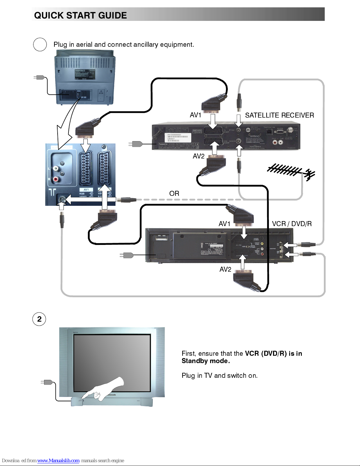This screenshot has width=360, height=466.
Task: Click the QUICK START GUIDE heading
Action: point(81,15)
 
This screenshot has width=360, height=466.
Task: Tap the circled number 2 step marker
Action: point(39,319)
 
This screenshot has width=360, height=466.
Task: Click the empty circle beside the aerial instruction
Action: point(40,45)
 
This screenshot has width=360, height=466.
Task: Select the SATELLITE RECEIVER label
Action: point(279,115)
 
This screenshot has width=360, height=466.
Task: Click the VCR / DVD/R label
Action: point(292,224)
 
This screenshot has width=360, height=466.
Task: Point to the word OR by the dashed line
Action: point(174,193)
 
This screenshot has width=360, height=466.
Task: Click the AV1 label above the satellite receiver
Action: point(195,115)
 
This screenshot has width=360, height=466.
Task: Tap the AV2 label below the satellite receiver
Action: point(198,156)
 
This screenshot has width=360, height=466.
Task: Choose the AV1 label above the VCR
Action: point(224,224)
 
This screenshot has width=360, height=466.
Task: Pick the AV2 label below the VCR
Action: point(225,269)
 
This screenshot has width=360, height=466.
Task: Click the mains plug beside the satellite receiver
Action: point(136,144)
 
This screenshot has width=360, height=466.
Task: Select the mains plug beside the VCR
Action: point(127,255)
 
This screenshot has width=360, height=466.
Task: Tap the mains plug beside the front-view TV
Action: point(48,382)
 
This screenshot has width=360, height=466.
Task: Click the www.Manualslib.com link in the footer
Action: point(58,460)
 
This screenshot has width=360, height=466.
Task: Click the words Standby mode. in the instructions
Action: point(205,361)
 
